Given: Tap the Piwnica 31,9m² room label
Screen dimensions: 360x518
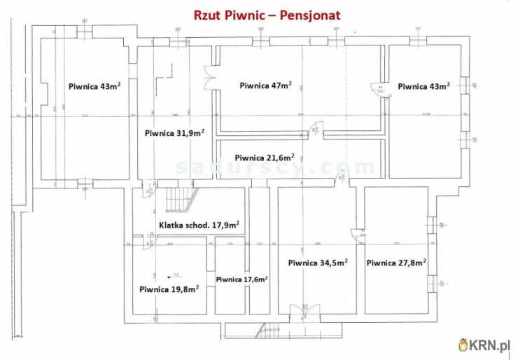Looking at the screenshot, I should tap(174, 132).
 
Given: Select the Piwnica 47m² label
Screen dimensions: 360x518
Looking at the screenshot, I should tap(265, 85).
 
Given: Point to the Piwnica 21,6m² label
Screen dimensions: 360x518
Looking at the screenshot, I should tap(264, 158).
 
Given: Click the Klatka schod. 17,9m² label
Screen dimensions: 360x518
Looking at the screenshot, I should tap(199, 225).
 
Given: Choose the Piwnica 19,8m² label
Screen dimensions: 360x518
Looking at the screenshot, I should tap(169, 288).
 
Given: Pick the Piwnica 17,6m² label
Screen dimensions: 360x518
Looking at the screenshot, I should tap(241, 279).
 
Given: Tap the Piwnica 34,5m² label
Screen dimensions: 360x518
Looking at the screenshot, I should tap(318, 263).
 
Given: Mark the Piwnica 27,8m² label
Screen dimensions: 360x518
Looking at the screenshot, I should tap(396, 263).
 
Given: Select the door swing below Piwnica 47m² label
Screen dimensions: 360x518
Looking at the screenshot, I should tap(316, 129).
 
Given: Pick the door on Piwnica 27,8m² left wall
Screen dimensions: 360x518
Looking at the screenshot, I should tap(358, 235).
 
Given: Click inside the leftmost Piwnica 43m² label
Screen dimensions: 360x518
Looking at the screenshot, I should tap(94, 86).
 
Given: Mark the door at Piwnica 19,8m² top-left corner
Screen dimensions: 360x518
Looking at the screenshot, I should tap(148, 242).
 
